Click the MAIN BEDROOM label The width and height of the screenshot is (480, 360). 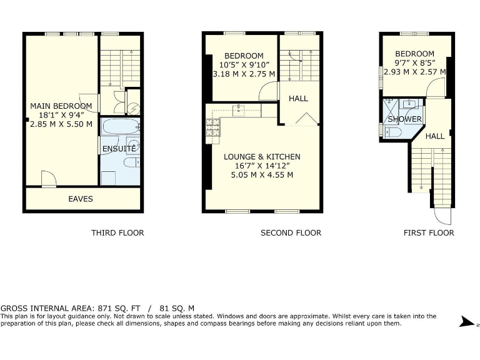click(61, 106)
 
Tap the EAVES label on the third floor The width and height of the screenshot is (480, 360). click(80, 199)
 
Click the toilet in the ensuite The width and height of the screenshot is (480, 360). click(132, 163)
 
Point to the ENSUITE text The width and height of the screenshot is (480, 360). click(119, 149)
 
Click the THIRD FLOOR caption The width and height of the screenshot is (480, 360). click(117, 232)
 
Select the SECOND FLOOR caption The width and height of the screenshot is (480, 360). click(291, 232)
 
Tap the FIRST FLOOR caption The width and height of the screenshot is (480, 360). click(429, 232)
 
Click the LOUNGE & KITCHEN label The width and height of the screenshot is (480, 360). click(262, 157)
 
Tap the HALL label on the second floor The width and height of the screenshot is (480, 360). click(298, 99)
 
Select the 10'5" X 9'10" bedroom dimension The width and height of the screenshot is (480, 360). click(244, 64)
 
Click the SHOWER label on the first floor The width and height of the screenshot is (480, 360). click(404, 119)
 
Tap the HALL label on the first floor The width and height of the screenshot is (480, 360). click(435, 136)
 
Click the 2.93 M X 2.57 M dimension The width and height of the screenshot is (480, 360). click(414, 72)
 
